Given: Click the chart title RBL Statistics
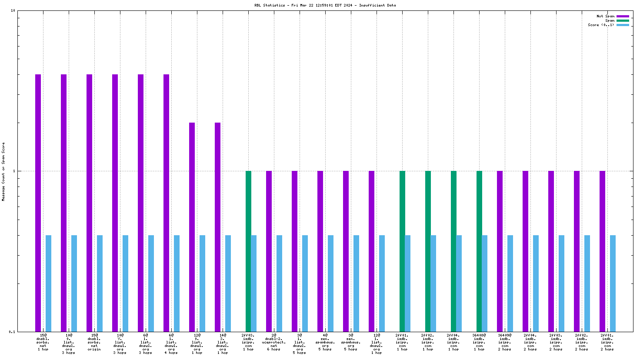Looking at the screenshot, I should (325, 6).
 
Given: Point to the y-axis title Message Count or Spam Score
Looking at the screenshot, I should (3, 171).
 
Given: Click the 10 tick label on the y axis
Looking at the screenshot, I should (13, 10).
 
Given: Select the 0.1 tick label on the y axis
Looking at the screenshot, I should (12, 332).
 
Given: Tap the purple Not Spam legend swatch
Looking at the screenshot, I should (623, 16).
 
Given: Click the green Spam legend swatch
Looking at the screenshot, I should (623, 20).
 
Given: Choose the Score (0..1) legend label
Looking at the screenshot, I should (601, 25).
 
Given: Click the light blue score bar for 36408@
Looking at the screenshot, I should (484, 283).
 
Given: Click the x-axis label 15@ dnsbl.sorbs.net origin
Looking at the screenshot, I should (94, 342).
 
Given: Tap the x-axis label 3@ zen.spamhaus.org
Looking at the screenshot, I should (351, 342).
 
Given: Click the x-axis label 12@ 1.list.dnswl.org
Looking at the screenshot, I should (377, 344).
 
